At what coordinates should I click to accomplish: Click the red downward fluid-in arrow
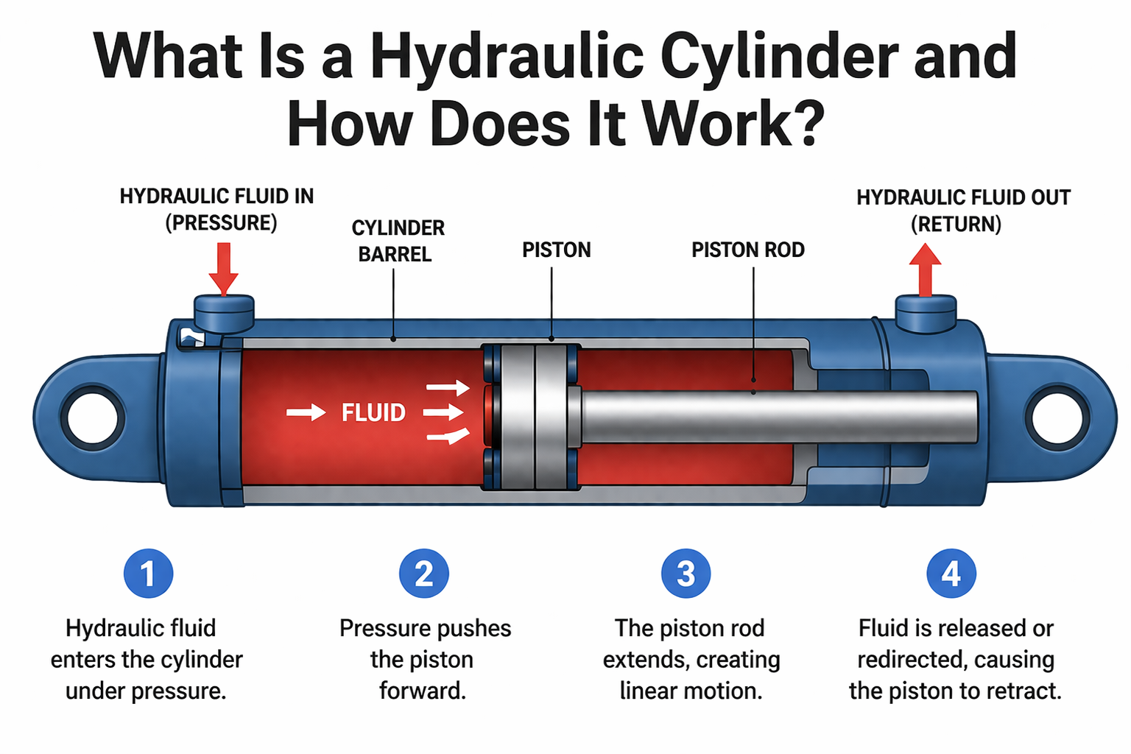click(x=223, y=269)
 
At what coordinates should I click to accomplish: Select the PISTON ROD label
click(x=747, y=250)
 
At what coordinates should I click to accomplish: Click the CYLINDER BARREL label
click(x=398, y=241)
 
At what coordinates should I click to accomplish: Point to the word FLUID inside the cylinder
click(x=373, y=412)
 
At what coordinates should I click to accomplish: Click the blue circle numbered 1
click(x=148, y=574)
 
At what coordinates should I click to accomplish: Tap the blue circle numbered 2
click(x=424, y=574)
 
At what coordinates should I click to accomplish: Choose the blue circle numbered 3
click(x=686, y=574)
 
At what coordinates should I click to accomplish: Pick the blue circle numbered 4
click(x=951, y=574)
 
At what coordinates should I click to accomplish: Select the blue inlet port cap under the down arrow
click(x=224, y=313)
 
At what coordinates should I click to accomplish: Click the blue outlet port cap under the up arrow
click(x=926, y=313)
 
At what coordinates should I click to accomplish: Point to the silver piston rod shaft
click(x=781, y=417)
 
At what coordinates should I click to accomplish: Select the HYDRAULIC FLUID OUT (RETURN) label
click(x=962, y=211)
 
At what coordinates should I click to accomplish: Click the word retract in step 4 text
click(x=1022, y=691)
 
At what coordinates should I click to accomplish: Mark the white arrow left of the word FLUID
click(x=306, y=412)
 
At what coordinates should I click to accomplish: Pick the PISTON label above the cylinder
click(x=556, y=250)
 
